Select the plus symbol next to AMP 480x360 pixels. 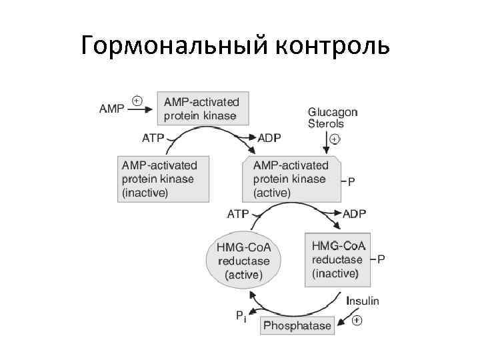click(x=137, y=101)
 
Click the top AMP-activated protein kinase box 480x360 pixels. click(x=203, y=109)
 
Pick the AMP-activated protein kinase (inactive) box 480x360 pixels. click(x=159, y=179)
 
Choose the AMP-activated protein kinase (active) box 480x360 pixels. click(x=291, y=179)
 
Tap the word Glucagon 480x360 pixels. click(x=333, y=112)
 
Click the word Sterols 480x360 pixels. click(x=326, y=123)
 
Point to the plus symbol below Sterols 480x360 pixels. click(x=335, y=139)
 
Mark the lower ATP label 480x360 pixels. click(x=238, y=214)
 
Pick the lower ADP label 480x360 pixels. click(x=354, y=214)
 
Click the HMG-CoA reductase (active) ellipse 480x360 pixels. click(x=244, y=260)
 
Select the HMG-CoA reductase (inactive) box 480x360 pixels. click(x=337, y=259)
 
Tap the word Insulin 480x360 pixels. click(x=363, y=301)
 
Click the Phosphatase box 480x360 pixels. click(x=297, y=326)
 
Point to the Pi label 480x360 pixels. click(x=241, y=317)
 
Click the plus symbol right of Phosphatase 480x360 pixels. click(x=357, y=321)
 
